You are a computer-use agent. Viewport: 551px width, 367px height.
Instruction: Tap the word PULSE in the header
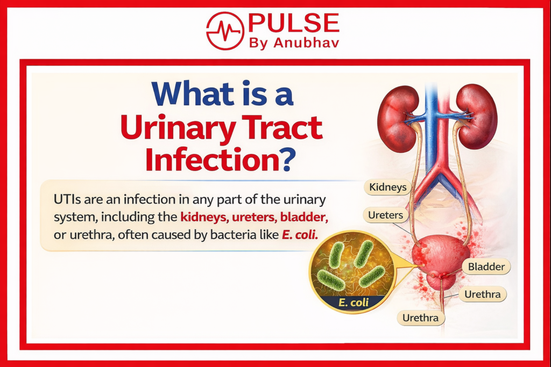[x=293, y=23]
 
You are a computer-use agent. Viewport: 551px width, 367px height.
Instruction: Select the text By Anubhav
[x=294, y=43]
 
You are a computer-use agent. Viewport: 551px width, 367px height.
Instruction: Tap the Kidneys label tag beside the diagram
[x=387, y=188]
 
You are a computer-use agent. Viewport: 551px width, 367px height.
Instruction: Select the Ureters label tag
[x=385, y=215]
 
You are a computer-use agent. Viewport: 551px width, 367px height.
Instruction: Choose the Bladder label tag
[x=486, y=267]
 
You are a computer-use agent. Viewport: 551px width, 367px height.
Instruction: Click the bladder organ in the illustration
[x=441, y=255]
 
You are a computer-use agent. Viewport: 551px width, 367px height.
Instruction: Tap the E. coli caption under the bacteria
[x=354, y=303]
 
